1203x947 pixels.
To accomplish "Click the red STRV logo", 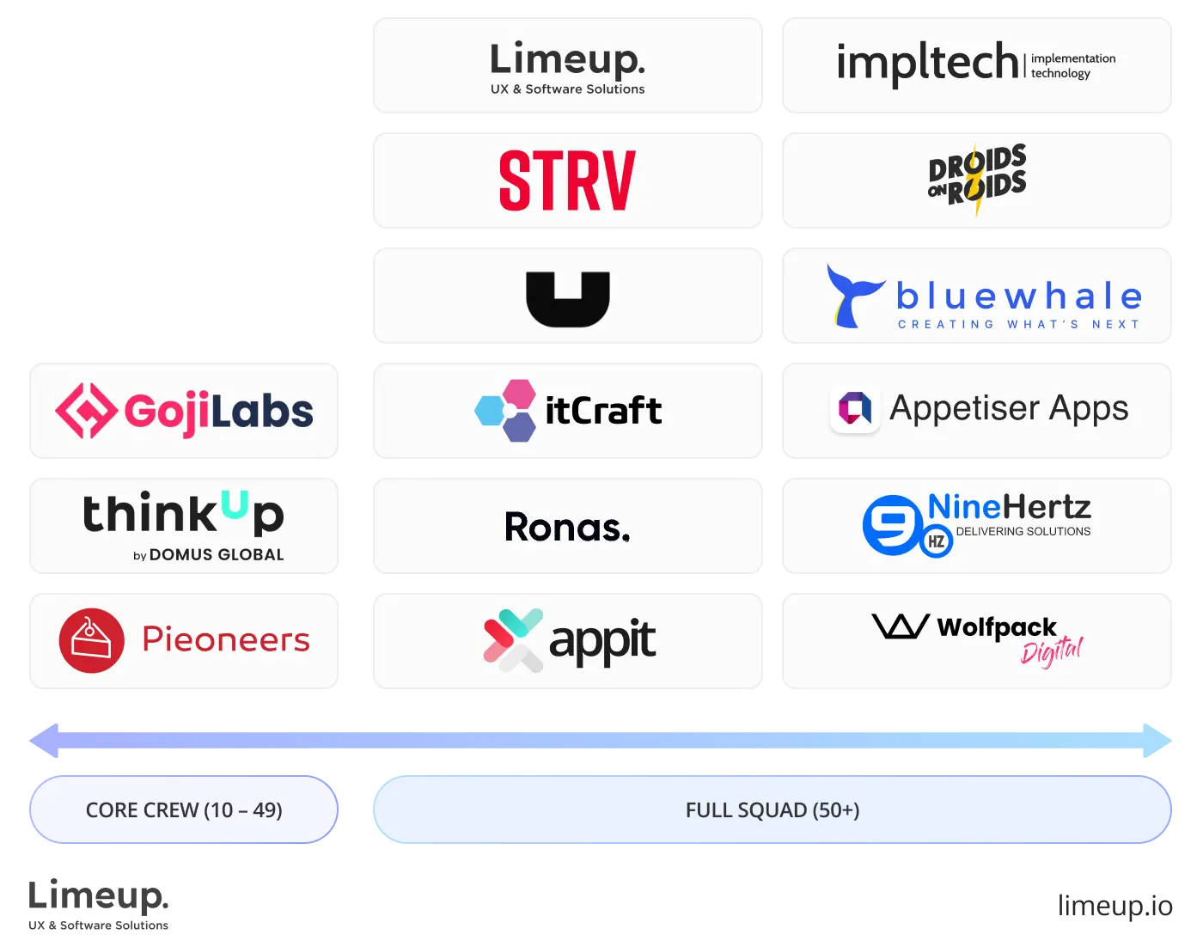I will coord(567,180).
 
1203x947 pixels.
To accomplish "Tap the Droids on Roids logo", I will coord(977,180).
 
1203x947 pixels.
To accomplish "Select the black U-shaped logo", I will coord(567,298).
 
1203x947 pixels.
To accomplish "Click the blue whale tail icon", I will coord(852,296).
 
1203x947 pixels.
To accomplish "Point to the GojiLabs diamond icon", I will coord(86,411).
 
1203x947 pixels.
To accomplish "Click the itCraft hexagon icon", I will coord(507,410).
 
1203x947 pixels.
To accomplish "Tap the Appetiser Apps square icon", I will coord(854,408).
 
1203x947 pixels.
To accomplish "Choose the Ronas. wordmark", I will coord(567,527).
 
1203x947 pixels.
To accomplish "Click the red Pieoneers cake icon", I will coord(91,640).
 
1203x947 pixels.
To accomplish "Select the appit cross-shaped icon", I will coord(513,640).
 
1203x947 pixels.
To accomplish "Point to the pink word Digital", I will coord(1052,652).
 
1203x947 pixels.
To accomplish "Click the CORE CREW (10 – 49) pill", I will coord(183,810).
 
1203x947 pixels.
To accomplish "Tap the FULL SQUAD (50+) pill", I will coord(772,810).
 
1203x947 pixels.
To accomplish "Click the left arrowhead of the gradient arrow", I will coord(46,741).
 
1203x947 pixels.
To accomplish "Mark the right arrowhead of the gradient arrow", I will coord(1157,741).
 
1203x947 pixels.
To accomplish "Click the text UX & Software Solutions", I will coord(567,89).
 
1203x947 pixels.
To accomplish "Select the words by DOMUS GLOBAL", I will coord(209,555).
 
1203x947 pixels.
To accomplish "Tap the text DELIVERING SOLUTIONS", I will coord(1023,532).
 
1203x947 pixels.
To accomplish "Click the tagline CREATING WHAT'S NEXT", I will coord(1018,325).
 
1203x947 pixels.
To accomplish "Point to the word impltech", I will coord(927,63).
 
